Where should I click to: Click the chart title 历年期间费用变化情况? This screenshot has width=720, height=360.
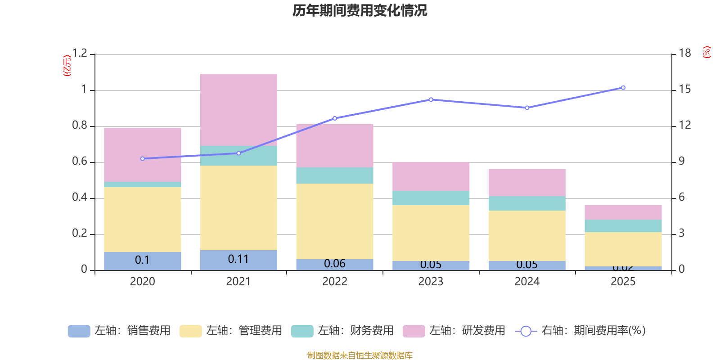click(x=360, y=10)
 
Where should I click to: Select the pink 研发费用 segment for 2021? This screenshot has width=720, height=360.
click(x=238, y=109)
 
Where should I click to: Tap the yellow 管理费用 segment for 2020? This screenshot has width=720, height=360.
click(x=143, y=219)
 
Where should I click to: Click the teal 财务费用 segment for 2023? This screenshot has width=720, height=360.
click(x=431, y=198)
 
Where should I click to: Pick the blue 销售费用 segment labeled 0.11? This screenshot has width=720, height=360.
click(x=238, y=260)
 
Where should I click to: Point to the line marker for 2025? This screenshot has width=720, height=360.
click(x=623, y=88)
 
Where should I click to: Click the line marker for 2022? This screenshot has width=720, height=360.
click(x=334, y=118)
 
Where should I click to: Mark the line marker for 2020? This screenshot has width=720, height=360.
click(x=143, y=159)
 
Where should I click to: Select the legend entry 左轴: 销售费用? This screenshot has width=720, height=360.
click(x=119, y=331)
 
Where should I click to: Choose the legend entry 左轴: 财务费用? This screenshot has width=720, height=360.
click(x=342, y=331)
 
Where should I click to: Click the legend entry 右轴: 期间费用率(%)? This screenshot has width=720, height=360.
click(x=580, y=331)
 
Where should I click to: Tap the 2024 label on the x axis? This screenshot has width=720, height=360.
click(x=527, y=282)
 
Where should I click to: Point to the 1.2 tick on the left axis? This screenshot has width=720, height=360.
click(x=80, y=54)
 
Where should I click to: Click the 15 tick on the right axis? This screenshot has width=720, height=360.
click(x=685, y=90)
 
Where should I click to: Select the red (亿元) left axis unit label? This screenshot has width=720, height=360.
click(x=67, y=66)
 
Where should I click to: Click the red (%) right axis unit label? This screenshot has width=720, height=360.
click(x=706, y=52)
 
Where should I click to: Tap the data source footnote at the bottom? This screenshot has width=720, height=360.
click(x=360, y=355)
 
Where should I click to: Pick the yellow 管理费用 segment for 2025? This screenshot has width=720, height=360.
click(x=623, y=249)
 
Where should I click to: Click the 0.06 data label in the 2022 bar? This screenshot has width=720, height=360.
click(x=335, y=264)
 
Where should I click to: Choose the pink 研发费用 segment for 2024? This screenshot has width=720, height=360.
click(x=527, y=183)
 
